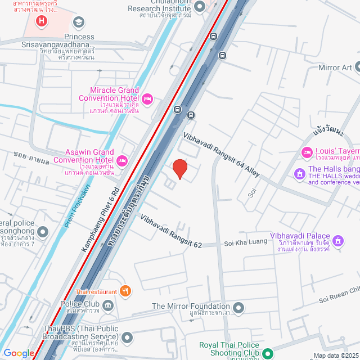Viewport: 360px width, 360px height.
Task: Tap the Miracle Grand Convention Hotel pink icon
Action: click(x=147, y=100)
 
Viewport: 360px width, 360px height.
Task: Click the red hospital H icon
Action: click(x=40, y=22)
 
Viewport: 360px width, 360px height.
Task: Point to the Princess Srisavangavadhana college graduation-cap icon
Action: click(x=79, y=22)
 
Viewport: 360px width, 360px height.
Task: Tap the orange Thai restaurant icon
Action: click(x=126, y=291)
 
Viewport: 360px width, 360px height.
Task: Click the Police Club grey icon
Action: click(x=109, y=304)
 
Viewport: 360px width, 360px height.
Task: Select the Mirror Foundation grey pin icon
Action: click(x=239, y=308)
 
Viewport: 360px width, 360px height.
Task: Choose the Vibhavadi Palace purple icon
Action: click(x=338, y=241)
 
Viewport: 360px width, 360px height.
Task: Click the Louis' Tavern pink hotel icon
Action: click(x=307, y=152)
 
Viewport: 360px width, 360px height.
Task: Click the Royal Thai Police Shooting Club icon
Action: click(x=267, y=353)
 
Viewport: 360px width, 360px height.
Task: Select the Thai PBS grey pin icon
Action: click(x=127, y=337)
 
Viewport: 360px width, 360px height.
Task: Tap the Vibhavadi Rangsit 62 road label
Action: click(x=171, y=232)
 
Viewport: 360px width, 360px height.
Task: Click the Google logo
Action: click(x=19, y=353)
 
